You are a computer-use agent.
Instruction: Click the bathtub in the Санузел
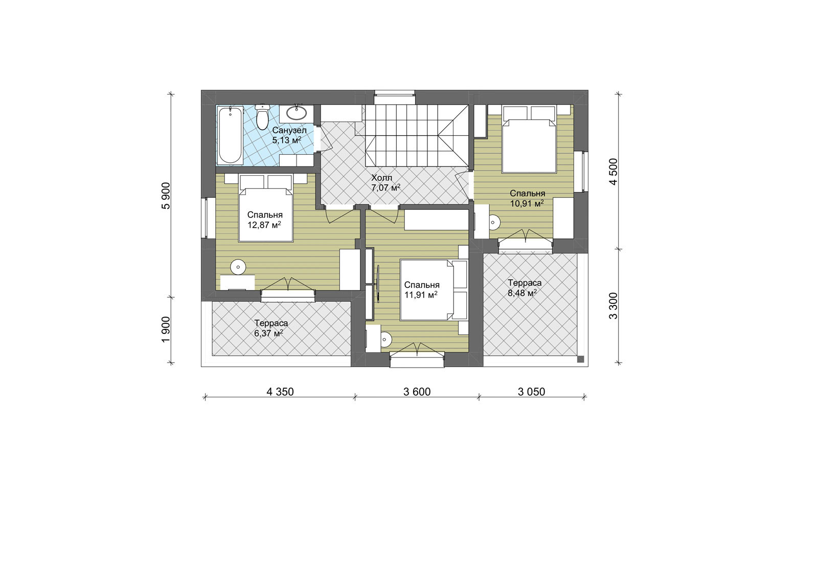(x=230, y=135)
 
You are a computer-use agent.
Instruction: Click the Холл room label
(x=381, y=178)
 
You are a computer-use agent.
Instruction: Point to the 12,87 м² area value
(x=264, y=225)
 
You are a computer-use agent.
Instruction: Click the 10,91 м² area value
(x=527, y=203)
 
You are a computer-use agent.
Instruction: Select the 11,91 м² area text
(x=421, y=295)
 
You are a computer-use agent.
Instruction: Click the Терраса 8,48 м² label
(x=525, y=288)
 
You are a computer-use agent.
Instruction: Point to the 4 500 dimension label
(x=613, y=172)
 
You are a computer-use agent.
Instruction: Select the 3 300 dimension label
(x=613, y=306)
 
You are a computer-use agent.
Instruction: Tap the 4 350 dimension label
(x=280, y=392)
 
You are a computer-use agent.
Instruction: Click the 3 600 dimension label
(x=417, y=392)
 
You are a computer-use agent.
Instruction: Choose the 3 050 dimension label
(x=531, y=392)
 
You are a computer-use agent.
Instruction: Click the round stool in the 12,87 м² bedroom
(x=239, y=267)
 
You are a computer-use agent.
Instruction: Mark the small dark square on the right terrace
(x=581, y=359)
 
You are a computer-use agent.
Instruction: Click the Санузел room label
(x=289, y=130)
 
